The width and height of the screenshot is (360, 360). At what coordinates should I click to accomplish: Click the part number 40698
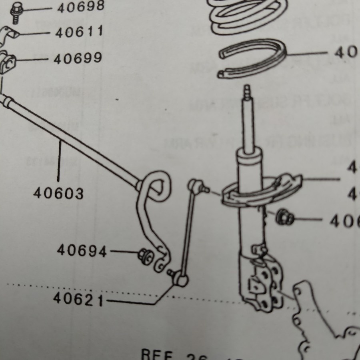coord(80,7)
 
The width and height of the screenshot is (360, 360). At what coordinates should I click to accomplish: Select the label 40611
coord(79,32)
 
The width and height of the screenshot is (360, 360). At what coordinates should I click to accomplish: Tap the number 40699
coord(78,59)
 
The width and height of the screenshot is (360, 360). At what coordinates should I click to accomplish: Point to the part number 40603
coord(58,194)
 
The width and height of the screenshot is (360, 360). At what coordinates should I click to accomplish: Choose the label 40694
coord(82,251)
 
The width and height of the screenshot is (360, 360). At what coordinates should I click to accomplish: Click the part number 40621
coord(78,299)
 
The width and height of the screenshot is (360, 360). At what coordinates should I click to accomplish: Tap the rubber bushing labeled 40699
coord(8,61)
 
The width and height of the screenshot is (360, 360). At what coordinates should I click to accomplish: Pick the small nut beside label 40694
coord(144,255)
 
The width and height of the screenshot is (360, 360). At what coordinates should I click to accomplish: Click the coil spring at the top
coord(248,16)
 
